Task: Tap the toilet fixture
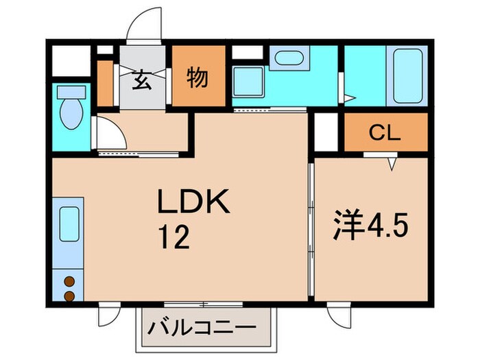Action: (69, 106)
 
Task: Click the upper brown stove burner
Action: (69, 280)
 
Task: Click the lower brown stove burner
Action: (69, 295)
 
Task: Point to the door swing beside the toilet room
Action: (110, 132)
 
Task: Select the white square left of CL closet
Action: (327, 132)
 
